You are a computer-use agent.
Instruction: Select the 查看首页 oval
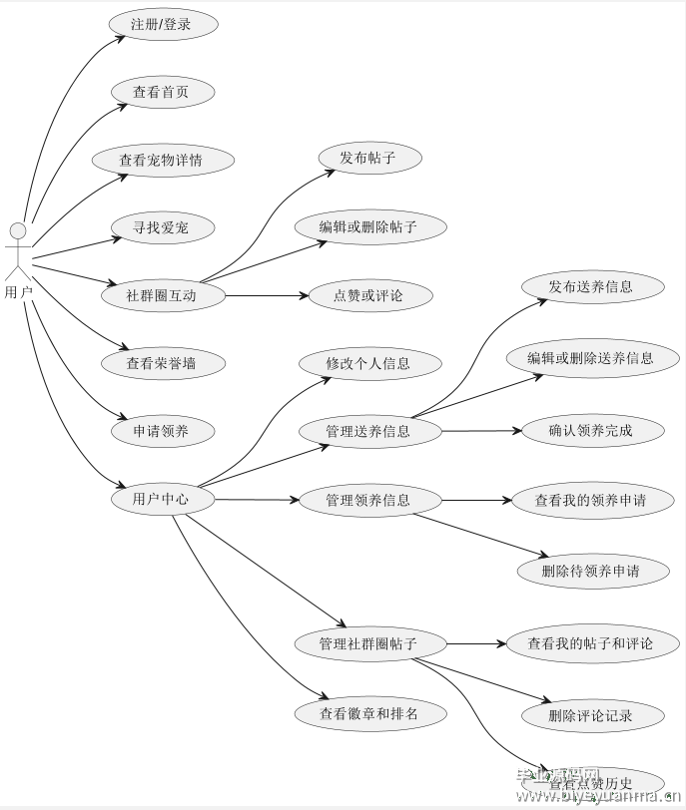[160, 93]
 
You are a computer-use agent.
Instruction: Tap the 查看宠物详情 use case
[162, 160]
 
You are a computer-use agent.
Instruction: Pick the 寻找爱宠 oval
[160, 227]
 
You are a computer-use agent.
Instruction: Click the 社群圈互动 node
[162, 295]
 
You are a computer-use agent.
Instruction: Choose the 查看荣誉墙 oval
[161, 363]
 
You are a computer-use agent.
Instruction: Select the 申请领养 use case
[161, 431]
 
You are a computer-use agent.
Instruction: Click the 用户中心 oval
[161, 499]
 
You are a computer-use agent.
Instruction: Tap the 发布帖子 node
[367, 158]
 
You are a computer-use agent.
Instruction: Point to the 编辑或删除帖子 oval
[368, 226]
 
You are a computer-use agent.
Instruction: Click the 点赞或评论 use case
[368, 295]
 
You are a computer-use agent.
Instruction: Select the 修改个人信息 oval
[368, 363]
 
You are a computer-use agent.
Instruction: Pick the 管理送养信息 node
[368, 431]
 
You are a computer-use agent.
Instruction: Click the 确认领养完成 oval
[591, 431]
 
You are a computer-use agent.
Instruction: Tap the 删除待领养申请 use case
[591, 571]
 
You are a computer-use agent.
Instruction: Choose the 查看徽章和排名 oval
[368, 713]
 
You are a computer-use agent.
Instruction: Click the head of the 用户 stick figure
[17, 232]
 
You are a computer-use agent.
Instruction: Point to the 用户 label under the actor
[18, 292]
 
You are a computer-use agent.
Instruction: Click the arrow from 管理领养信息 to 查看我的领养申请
[475, 500]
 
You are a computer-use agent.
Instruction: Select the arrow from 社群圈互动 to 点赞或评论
[265, 295]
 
